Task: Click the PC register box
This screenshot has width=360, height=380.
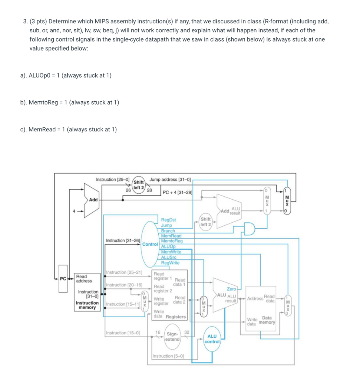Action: (63, 279)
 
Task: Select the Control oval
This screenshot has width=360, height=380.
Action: (150, 244)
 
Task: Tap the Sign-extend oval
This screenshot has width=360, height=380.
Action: (172, 337)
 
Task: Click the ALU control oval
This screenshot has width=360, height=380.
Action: (212, 339)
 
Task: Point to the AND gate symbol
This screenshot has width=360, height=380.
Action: (250, 229)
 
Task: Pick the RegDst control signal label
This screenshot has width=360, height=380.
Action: (168, 220)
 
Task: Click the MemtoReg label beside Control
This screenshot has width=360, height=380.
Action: (172, 241)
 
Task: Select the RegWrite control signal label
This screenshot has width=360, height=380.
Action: (170, 263)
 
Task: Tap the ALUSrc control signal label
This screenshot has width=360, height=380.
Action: (169, 257)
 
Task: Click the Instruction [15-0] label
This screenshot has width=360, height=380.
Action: (122, 332)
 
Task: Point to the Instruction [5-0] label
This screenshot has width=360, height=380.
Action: (168, 356)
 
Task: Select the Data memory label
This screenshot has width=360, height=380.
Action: (267, 320)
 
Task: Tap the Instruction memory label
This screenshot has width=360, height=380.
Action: (87, 305)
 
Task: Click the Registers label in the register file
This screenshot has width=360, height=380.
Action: (176, 317)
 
